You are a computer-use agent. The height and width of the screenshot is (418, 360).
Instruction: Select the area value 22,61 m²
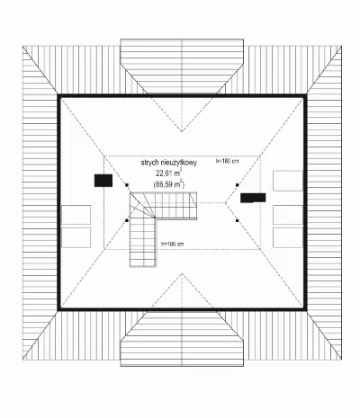pos(168,173)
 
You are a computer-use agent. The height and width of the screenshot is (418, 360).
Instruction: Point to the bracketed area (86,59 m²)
pos(168,183)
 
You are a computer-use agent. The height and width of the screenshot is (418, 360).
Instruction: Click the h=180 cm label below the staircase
pos(172,244)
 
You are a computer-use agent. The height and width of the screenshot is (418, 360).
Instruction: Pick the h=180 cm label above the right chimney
pos(228,161)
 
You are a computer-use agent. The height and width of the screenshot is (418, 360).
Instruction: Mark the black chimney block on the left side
pos(103,181)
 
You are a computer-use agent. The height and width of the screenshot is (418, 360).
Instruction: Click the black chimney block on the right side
pos(253,198)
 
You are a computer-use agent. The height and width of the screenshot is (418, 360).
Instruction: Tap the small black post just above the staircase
pos(127,185)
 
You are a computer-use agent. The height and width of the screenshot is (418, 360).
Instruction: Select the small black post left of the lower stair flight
pos(127,220)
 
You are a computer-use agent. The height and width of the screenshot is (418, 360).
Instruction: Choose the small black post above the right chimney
pos(237,185)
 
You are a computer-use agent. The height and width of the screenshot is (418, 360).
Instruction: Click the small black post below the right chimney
pos(237,220)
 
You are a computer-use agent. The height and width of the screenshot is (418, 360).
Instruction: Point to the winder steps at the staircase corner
pos(141,205)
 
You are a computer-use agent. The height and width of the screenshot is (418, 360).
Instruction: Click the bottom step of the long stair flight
pos(143,263)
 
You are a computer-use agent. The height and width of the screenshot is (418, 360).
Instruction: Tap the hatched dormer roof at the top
pos(182,66)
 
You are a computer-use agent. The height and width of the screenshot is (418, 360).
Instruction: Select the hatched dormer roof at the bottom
pos(182,339)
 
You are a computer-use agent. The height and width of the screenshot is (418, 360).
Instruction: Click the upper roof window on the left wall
pos(76,215)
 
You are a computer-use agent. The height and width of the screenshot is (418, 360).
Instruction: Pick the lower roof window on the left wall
pos(76,237)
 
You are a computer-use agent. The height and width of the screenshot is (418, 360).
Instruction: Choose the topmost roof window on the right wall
pos(288,181)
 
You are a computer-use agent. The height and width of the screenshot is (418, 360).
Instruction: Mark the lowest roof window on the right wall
pos(288,237)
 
